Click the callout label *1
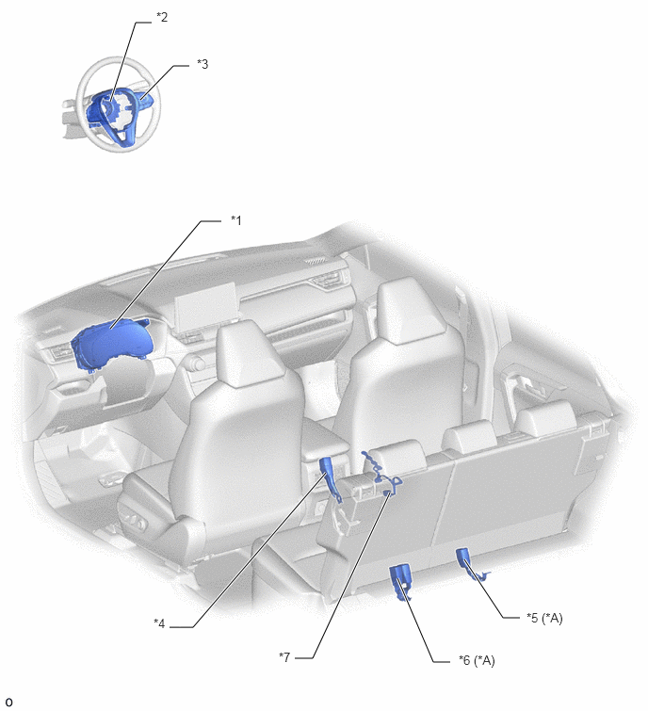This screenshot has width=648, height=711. (x=236, y=220)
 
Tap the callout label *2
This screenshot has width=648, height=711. (x=162, y=17)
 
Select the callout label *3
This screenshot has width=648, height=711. (x=202, y=64)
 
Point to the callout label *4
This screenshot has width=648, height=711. (x=159, y=624)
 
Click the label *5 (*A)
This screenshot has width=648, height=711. (x=544, y=618)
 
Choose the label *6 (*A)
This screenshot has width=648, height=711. (x=477, y=660)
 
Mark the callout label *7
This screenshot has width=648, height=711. (x=284, y=657)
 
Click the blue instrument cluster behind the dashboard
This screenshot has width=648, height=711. (x=112, y=346)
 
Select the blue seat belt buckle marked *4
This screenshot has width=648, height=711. (x=330, y=477)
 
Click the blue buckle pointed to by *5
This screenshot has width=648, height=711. (x=467, y=563)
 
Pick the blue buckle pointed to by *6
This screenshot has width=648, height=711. (x=400, y=581)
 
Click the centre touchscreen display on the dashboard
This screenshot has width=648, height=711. (x=204, y=309)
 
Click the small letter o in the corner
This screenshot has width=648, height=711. (x=8, y=703)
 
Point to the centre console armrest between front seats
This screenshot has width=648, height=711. (x=322, y=435)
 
